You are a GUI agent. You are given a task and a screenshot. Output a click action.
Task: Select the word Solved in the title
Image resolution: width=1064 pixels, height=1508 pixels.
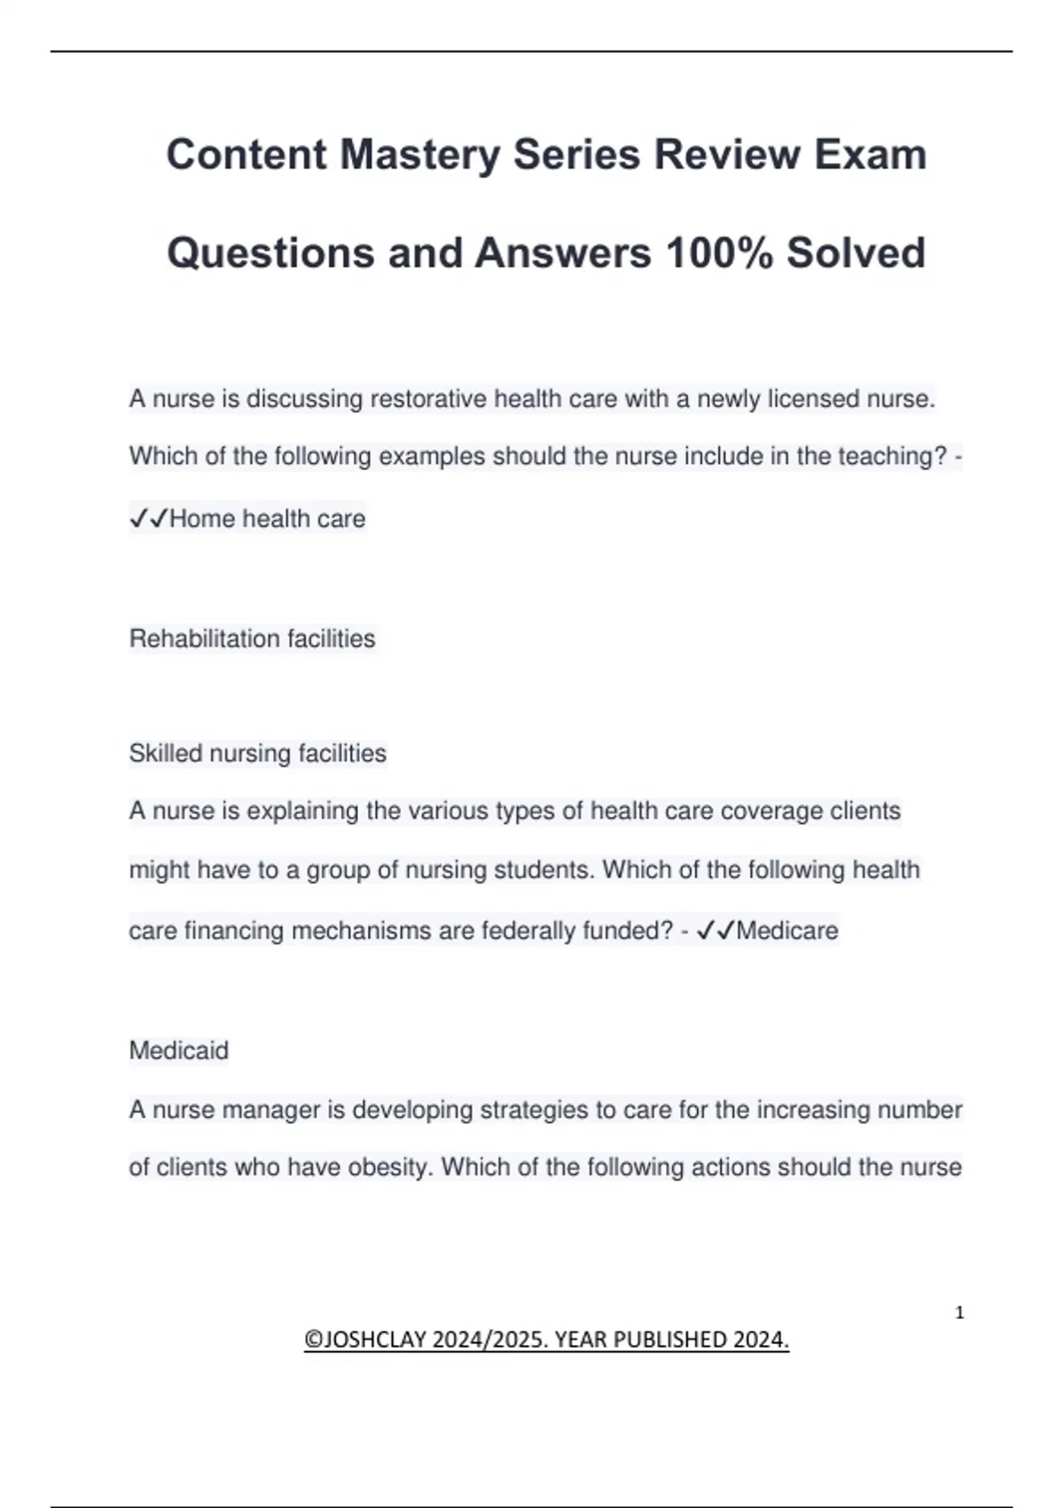pos(856,253)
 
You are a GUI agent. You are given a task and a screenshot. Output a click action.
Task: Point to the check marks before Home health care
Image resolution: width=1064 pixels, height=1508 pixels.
pos(148,519)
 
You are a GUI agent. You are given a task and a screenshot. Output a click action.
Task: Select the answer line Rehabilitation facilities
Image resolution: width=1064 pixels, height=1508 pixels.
pos(252,639)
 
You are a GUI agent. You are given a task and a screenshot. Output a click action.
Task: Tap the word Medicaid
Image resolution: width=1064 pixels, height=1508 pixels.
pos(178,1050)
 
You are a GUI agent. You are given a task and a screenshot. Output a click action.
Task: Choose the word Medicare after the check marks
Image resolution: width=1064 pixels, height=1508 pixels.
pos(786,931)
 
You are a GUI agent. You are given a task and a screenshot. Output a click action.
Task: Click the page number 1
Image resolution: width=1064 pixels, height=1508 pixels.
pos(959,1313)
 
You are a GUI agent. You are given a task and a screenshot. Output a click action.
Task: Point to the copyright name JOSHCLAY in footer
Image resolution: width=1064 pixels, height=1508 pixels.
pos(376,1339)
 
